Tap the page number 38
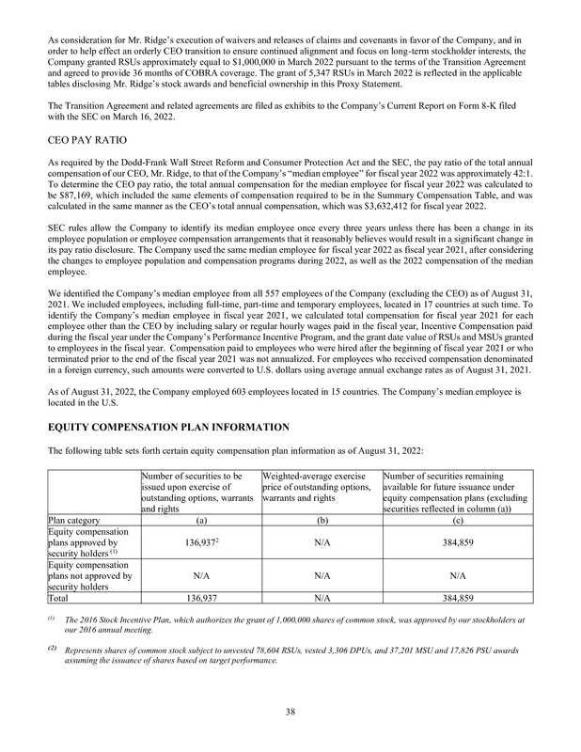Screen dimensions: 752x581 point(290,712)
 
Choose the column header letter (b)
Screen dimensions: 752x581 point(320,518)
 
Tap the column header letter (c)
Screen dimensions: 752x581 point(457,518)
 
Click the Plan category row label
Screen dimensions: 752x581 point(78,518)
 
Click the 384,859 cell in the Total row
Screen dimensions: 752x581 point(457,597)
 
